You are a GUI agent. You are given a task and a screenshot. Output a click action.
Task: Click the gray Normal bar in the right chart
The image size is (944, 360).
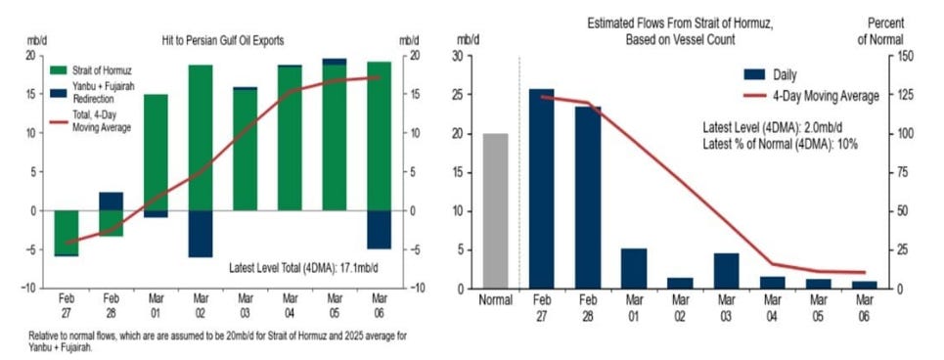pos(496,210)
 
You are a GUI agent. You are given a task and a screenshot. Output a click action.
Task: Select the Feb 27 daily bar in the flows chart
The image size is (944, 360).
pos(541,189)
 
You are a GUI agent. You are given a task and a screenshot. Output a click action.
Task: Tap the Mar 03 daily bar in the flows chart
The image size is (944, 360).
pos(726,271)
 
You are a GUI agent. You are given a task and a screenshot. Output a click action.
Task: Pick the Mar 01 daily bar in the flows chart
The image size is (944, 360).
pos(634,268)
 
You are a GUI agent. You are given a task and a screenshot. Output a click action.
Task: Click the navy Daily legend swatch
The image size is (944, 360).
pos(754,74)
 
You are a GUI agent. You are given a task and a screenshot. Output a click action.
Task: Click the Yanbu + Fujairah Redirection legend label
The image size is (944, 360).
pos(104,92)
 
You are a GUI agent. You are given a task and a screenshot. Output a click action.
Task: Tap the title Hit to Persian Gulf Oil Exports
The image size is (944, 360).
pos(223,41)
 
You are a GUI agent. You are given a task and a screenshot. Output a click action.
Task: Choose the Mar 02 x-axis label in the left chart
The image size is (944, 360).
pos(201,306)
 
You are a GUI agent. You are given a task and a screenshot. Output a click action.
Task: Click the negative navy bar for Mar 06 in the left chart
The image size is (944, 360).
pos(379,229)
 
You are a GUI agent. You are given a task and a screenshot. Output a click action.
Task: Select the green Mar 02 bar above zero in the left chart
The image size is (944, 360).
pos(201,138)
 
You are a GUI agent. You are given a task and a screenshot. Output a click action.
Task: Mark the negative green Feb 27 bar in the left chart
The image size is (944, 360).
pos(67,233)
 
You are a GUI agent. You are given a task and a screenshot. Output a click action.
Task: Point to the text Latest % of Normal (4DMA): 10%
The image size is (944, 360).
pos(781,144)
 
